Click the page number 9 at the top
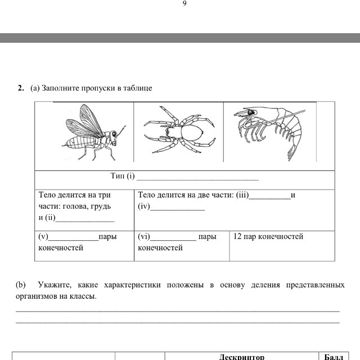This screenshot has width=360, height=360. tap(184, 4)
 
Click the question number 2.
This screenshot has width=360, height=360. tap(20, 88)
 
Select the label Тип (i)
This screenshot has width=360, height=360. tap(123, 177)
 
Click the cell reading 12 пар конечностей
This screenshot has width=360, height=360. tap(268, 237)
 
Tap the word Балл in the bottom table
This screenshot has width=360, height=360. tap(334, 357)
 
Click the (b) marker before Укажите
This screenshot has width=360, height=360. tap(21, 285)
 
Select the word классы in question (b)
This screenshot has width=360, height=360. tap(82, 296)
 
